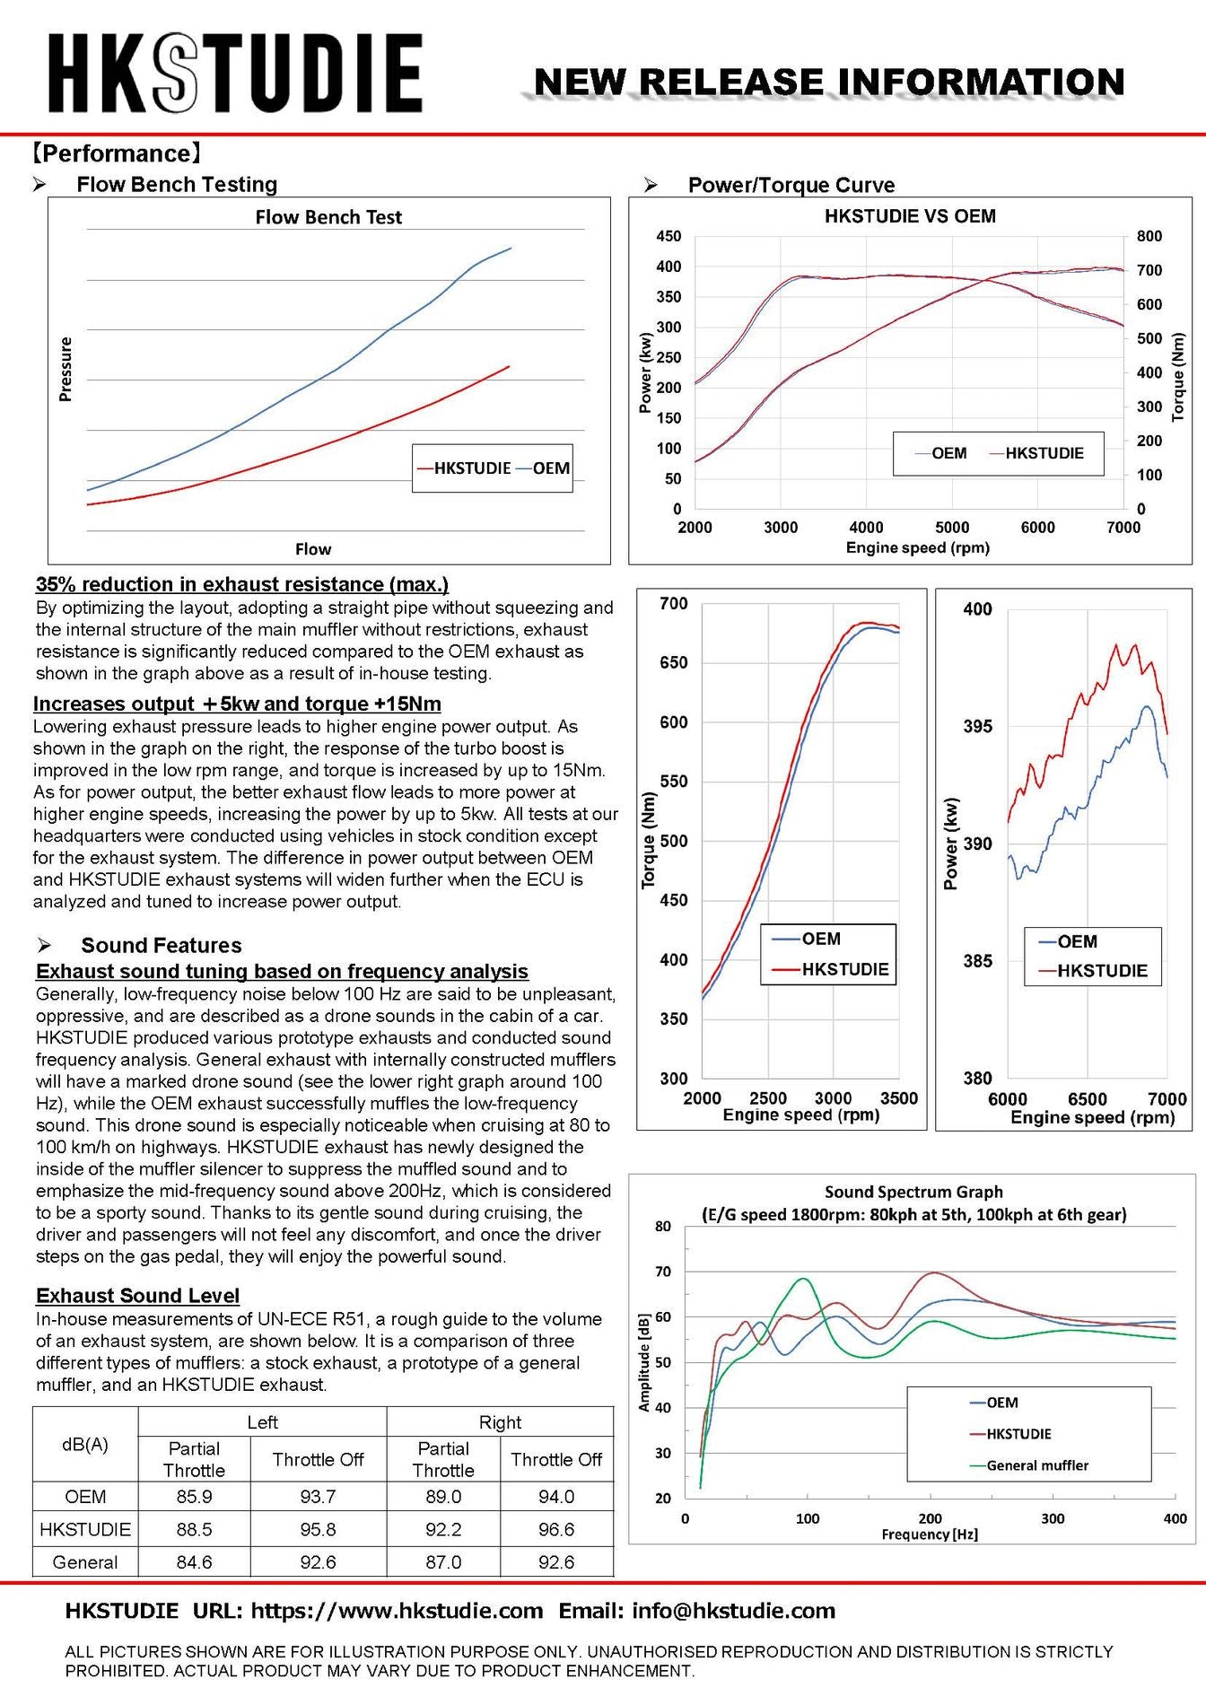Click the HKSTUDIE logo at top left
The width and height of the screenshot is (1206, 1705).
[235, 73]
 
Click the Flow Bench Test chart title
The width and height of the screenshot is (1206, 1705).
[328, 217]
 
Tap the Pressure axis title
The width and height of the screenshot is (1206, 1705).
[65, 369]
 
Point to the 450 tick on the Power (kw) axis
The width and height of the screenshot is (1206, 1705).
[669, 236]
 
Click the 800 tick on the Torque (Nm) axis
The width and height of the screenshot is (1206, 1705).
[1149, 236]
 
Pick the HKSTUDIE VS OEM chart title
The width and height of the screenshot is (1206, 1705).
[910, 216]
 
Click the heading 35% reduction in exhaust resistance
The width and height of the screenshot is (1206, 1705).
[242, 584]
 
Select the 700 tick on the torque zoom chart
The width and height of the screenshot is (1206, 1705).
[673, 604]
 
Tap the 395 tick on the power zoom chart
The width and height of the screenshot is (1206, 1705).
[978, 726]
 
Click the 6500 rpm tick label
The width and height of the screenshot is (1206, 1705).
[1087, 1099]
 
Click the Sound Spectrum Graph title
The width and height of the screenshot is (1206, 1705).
[913, 1192]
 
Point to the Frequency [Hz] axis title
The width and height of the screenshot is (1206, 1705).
[930, 1534]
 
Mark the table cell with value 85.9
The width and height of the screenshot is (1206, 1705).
[194, 1497]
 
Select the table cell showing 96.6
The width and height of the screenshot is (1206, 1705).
[556, 1529]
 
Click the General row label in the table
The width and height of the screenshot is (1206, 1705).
[85, 1562]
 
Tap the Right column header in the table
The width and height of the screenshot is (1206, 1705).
[500, 1422]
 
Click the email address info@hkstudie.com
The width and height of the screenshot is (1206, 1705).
[733, 1611]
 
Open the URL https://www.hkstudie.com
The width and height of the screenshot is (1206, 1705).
[397, 1611]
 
